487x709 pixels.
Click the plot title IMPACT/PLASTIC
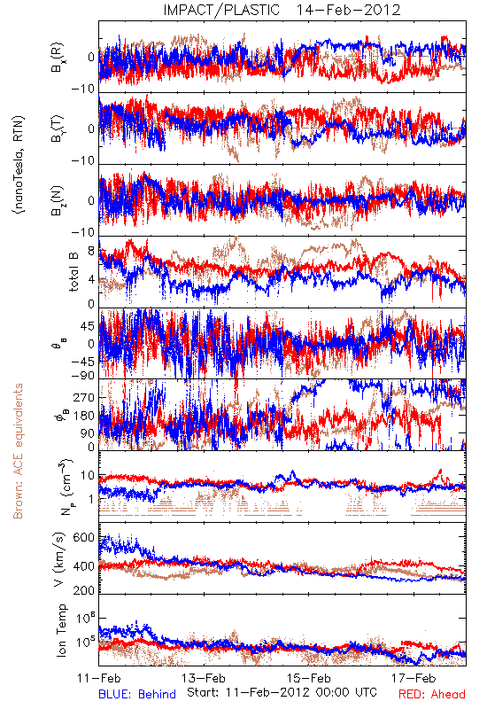221,10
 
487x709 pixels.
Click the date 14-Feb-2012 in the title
348,10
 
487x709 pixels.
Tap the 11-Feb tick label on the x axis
99,678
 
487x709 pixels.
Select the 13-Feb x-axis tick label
204,678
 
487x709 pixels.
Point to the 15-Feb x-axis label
309,678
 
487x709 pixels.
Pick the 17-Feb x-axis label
414,678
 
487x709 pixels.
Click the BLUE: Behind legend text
137,694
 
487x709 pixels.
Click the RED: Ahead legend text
431,694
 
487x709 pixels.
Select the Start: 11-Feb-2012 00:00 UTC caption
282,692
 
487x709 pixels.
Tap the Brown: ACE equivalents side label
18,451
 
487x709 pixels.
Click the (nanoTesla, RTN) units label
19,165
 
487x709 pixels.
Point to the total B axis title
73,272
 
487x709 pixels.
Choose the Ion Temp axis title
61,630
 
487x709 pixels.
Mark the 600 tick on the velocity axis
83,538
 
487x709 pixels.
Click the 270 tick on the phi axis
84,397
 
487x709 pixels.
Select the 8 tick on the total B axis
91,251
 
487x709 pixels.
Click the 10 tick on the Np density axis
88,476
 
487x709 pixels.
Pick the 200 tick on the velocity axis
83,590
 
